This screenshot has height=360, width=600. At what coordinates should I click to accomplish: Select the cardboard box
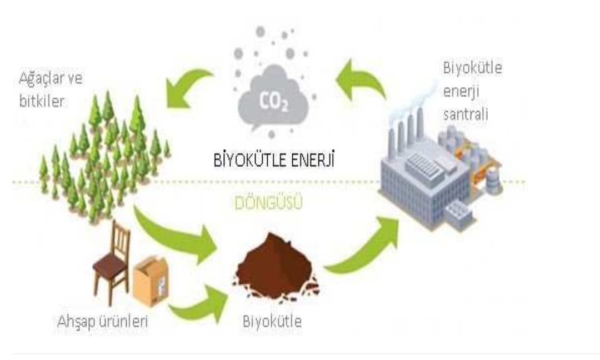(151, 281)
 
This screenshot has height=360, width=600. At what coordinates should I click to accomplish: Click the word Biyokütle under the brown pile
(272, 321)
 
